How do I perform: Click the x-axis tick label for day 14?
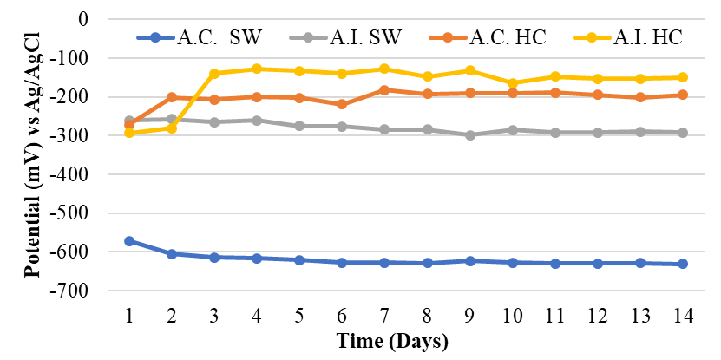tap(682, 315)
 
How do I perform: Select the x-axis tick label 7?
tap(384, 315)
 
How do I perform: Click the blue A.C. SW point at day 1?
tap(129, 241)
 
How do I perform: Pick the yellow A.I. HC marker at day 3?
tap(214, 73)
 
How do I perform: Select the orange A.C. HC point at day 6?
tap(342, 104)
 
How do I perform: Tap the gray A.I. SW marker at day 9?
tap(469, 135)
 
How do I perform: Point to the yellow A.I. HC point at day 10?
tap(512, 83)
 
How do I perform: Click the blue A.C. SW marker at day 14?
tap(683, 264)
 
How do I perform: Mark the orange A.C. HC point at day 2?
tap(172, 97)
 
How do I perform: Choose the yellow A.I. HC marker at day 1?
tap(129, 133)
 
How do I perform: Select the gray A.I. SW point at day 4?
tap(257, 120)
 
